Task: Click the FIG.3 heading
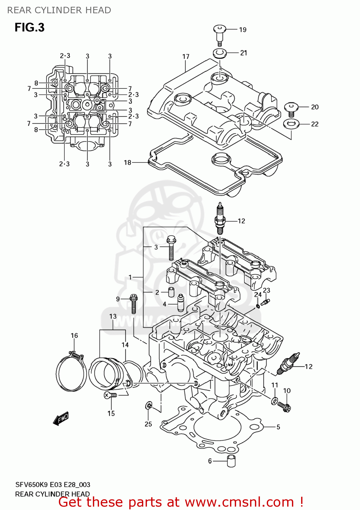point(30,28)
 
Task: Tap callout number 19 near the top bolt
point(243,30)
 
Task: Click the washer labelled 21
point(220,53)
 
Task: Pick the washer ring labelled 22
point(291,124)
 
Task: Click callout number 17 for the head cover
point(185,57)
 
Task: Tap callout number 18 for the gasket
point(128,163)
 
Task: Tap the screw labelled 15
point(110,395)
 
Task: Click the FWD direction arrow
point(61,419)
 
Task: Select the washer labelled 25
point(148,405)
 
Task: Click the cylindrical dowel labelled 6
point(231,461)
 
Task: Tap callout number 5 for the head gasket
point(278,427)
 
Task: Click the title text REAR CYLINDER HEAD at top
point(59,10)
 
